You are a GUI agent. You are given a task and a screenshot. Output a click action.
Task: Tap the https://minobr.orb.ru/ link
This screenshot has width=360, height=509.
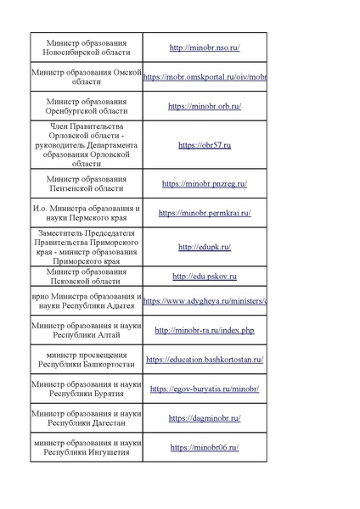coord(205,106)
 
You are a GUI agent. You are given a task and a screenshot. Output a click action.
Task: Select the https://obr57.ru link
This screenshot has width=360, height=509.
coord(205,145)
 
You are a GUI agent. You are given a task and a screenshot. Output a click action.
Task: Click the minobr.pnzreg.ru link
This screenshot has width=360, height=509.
coord(205,183)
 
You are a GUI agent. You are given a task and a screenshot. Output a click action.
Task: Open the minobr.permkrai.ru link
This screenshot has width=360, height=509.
coord(205,213)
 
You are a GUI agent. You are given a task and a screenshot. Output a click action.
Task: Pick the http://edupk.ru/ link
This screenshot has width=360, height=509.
coord(205,247)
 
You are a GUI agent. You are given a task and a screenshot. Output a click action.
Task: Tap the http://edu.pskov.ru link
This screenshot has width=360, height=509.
coord(205,277)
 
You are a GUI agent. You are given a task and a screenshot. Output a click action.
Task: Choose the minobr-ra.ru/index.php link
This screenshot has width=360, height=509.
coord(205,329)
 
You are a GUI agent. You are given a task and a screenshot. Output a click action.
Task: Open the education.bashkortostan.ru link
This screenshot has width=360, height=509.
coord(205,359)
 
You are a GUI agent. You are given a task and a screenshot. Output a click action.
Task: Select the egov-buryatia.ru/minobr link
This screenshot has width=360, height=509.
coord(205,389)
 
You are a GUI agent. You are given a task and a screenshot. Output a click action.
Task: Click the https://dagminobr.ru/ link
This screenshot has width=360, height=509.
coord(205,418)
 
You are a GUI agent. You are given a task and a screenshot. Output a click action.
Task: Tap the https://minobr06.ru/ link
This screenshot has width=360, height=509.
coord(205,447)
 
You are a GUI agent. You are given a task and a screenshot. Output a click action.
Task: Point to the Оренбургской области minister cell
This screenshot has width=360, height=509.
coord(87,106)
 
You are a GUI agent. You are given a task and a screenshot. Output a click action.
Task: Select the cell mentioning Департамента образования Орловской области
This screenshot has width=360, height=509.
coord(87,145)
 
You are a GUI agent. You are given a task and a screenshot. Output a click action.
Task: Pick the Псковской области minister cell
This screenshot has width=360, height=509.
coord(87,277)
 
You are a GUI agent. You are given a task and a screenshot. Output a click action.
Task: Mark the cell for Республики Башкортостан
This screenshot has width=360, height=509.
coord(87,359)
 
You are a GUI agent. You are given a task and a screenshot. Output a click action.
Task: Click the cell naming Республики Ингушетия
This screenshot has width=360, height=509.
coord(87,447)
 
